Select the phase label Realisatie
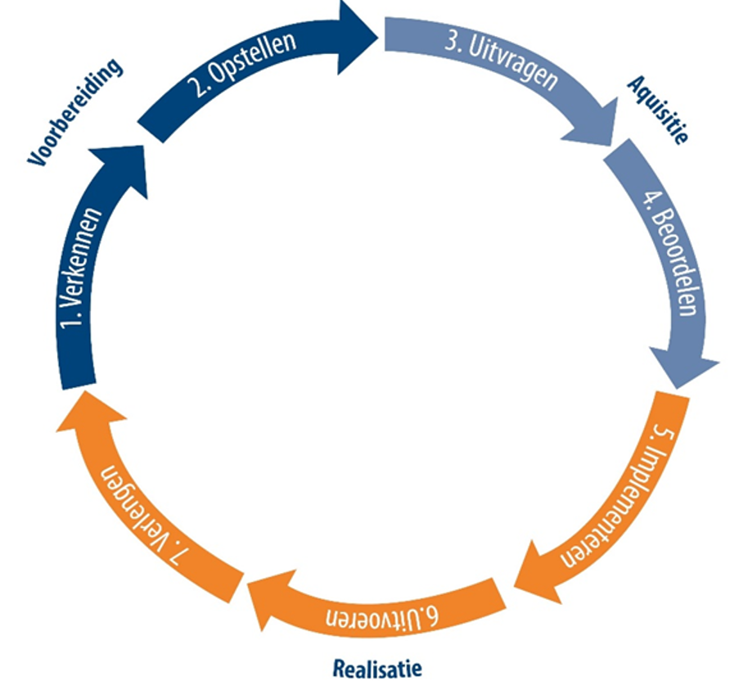click(x=377, y=667)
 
